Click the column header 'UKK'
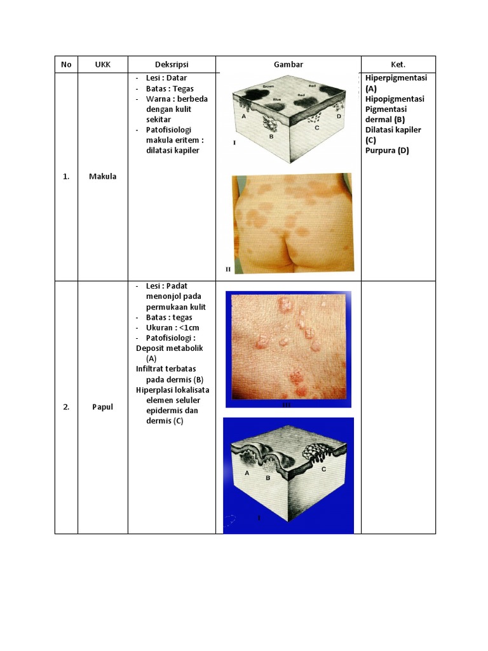coord(102,64)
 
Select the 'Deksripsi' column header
coord(172,64)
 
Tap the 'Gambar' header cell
coord(288,64)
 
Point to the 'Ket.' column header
coord(398,64)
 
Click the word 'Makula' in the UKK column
coord(102,177)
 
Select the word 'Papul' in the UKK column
coord(102,407)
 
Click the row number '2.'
coord(66,407)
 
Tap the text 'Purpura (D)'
coord(387,150)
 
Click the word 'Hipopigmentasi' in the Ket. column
coord(395,99)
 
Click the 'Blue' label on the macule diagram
coord(276,100)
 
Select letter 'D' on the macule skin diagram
coord(339,116)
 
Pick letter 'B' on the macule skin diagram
coord(271,136)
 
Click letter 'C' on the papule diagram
coord(323,469)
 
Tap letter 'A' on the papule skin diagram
coord(247,473)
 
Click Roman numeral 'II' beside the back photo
coord(228,269)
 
